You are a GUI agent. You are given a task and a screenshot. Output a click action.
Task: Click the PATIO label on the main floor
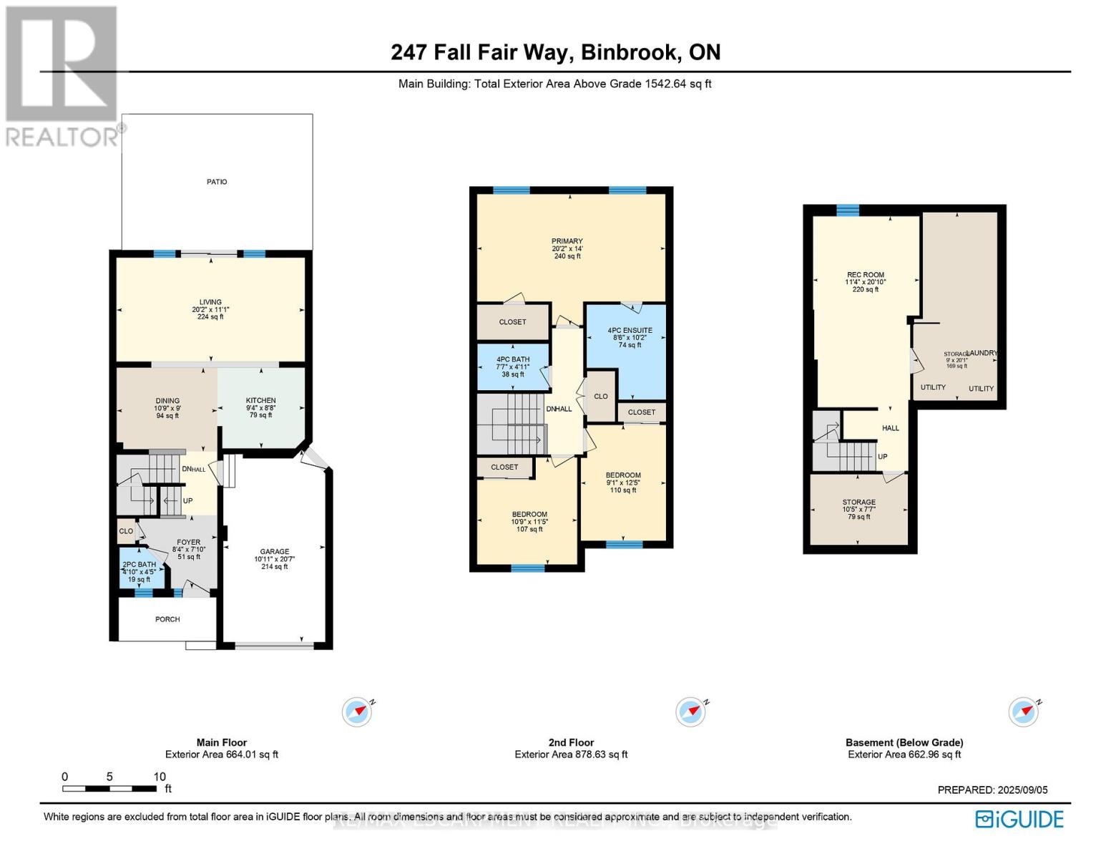(x=217, y=182)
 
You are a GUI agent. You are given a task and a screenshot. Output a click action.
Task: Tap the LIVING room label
(x=210, y=302)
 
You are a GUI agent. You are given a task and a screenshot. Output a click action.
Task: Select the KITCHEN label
(x=260, y=401)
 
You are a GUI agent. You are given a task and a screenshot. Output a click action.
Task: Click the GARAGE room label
(x=275, y=552)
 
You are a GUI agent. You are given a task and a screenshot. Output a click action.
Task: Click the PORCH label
(x=167, y=619)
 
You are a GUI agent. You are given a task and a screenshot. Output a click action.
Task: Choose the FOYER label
(x=189, y=543)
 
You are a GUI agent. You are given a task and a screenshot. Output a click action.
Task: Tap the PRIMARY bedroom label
(x=567, y=241)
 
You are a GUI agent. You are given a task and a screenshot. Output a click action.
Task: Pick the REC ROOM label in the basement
(x=866, y=275)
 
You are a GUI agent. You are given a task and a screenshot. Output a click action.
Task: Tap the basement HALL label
(x=891, y=428)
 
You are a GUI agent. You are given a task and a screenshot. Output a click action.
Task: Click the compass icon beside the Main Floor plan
(x=356, y=712)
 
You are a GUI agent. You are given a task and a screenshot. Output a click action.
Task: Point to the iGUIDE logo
(x=1020, y=819)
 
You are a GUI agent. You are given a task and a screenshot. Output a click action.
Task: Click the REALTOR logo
(x=62, y=74)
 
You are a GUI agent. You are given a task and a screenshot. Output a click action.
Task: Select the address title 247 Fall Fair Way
(x=555, y=52)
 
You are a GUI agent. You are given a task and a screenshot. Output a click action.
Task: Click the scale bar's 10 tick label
(x=160, y=777)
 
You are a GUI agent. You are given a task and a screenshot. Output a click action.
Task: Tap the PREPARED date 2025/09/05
(x=992, y=790)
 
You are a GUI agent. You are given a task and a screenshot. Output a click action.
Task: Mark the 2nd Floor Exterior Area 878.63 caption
(x=571, y=754)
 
